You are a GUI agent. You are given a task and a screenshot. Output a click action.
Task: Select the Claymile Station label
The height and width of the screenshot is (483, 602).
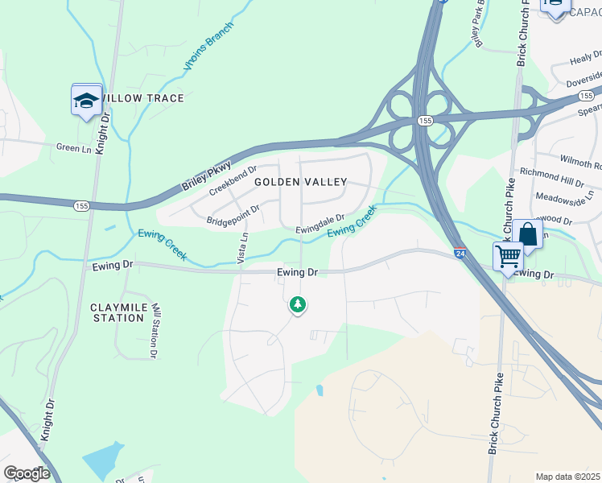coord(118,312)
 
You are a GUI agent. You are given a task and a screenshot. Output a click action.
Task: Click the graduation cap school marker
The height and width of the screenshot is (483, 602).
coord(86,101)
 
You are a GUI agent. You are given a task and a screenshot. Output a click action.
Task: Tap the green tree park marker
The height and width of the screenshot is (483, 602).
coord(298,305)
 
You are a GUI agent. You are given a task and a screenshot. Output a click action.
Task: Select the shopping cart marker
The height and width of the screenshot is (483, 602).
coord(508,257)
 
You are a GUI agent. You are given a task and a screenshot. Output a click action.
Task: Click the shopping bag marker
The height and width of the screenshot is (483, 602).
coord(528,235)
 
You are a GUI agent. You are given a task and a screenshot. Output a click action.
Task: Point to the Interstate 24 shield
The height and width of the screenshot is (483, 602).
coord(458,253)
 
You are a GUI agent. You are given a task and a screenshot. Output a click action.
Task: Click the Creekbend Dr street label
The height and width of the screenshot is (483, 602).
coord(232,181)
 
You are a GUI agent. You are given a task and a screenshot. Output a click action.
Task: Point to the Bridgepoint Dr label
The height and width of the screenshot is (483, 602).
coord(233,214)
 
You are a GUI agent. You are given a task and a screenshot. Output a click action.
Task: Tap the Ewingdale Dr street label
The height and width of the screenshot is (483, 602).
coord(320,223)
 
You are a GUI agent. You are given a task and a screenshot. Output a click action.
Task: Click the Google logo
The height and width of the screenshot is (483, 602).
coord(27,473)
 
